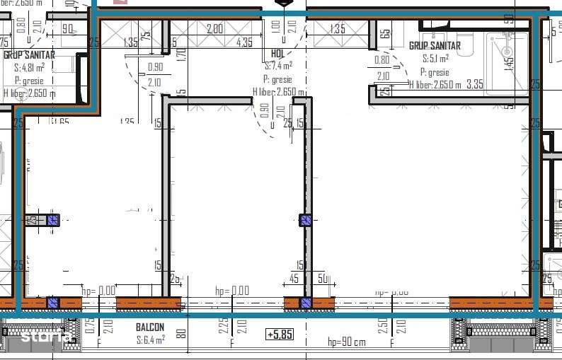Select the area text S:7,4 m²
pyautogui.click(x=277, y=66)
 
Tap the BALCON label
pyautogui.click(x=150, y=327)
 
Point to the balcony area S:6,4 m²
pyautogui.click(x=150, y=339)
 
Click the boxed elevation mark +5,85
pyautogui.click(x=279, y=335)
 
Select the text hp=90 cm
pyautogui.click(x=347, y=343)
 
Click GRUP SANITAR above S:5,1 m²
pyautogui.click(x=435, y=46)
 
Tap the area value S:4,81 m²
pyautogui.click(x=29, y=68)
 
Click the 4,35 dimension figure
pyautogui.click(x=244, y=42)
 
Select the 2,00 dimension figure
pyautogui.click(x=214, y=29)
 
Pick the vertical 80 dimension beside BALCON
pyautogui.click(x=181, y=332)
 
